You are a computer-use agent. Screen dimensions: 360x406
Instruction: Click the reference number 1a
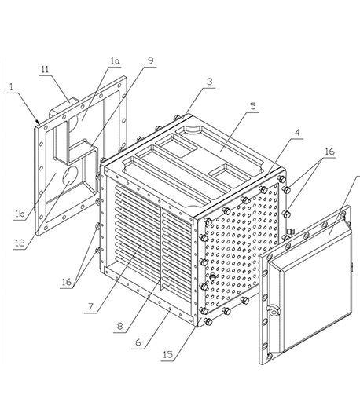point(115,61)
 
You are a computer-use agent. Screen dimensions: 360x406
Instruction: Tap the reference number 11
point(45,70)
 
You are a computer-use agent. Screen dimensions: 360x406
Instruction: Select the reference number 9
point(151,60)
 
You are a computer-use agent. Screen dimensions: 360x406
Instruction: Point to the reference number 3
point(209,82)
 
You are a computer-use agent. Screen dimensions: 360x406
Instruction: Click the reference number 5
point(252,107)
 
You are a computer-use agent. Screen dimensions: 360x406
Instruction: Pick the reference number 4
point(297,133)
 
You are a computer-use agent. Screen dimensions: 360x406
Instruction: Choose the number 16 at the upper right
point(330,152)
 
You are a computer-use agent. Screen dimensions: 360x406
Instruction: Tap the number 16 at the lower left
point(67,282)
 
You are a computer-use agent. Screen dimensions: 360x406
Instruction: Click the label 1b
point(20,214)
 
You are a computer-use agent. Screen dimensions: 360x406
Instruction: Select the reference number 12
point(20,243)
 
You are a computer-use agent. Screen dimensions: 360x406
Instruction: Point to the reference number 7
point(90,306)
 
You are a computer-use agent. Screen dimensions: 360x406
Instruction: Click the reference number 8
point(119,326)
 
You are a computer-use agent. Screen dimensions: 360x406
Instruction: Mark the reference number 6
point(138,342)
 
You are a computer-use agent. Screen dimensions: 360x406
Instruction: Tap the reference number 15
point(168,355)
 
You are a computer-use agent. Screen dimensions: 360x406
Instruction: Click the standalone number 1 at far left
point(11,87)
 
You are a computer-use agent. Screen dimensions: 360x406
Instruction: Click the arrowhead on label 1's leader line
point(38,122)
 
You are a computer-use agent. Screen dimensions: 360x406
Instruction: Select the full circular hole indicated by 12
point(70,176)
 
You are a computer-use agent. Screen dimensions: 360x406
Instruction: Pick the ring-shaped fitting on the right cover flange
point(274,310)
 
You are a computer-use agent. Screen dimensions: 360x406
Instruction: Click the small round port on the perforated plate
point(212,276)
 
